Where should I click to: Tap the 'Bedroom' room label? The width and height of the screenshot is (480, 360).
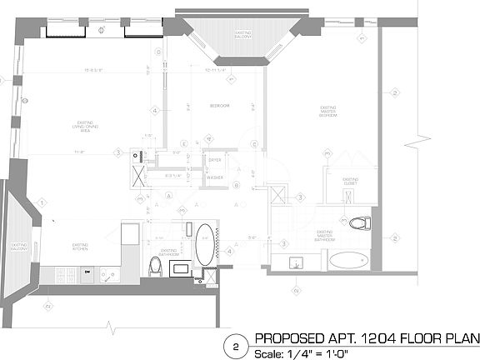[x=219, y=106]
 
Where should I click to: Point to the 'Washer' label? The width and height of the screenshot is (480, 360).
[x=214, y=178]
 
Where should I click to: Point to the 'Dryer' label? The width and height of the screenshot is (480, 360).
[x=214, y=159]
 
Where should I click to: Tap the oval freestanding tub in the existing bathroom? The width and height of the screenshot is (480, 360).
[x=204, y=244]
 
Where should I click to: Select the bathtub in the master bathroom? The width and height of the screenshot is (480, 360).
[x=349, y=260]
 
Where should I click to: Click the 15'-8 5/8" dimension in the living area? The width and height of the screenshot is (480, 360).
[x=81, y=71]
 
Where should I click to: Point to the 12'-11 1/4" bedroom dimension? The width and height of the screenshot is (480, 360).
[x=221, y=71]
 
